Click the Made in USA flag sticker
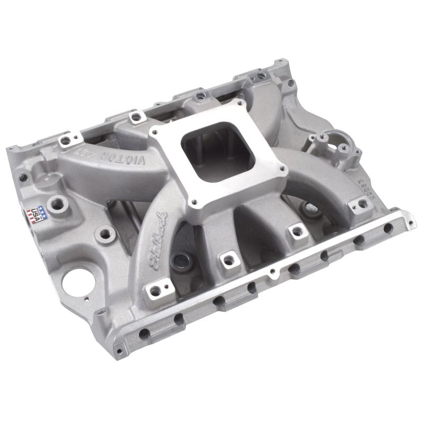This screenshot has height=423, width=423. pyautogui.click(x=35, y=213)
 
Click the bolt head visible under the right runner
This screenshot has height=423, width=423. pyautogui.click(x=312, y=208)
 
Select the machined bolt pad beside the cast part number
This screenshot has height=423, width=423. pyautogui.click(x=362, y=204)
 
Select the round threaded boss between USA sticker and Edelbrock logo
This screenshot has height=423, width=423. pyautogui.click(x=106, y=233)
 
